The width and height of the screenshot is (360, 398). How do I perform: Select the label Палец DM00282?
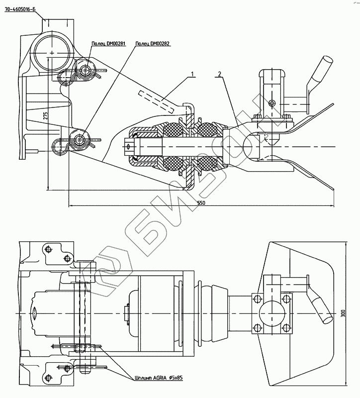point(153,43)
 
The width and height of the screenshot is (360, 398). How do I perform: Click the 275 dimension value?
point(45,115)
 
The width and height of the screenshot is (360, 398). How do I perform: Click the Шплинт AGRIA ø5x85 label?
point(159,378)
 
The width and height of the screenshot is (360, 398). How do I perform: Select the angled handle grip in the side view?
point(321,70)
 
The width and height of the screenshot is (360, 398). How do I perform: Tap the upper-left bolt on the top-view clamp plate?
point(258,298)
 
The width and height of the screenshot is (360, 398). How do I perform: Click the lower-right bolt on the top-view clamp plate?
point(286,327)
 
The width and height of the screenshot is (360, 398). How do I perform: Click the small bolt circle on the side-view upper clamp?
point(270,103)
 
